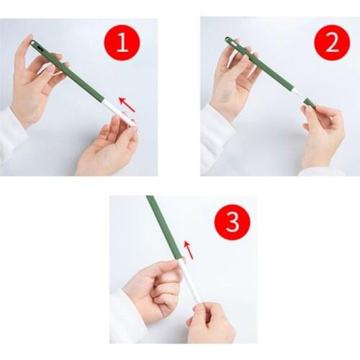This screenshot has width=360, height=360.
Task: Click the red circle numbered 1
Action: (122, 42)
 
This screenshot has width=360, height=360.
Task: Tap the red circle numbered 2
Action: (332, 42)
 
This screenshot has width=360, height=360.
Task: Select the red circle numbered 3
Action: (233, 222)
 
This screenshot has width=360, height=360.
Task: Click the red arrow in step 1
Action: (127, 104)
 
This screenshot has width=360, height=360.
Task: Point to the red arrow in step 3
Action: (189, 250)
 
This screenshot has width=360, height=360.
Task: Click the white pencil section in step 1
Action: (120, 113)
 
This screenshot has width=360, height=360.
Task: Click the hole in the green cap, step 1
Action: (39, 48)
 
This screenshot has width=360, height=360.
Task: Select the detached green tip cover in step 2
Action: (310, 103)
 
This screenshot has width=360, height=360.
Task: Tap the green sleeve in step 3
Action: (163, 228)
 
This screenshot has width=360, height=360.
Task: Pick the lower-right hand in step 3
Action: (209, 323)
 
